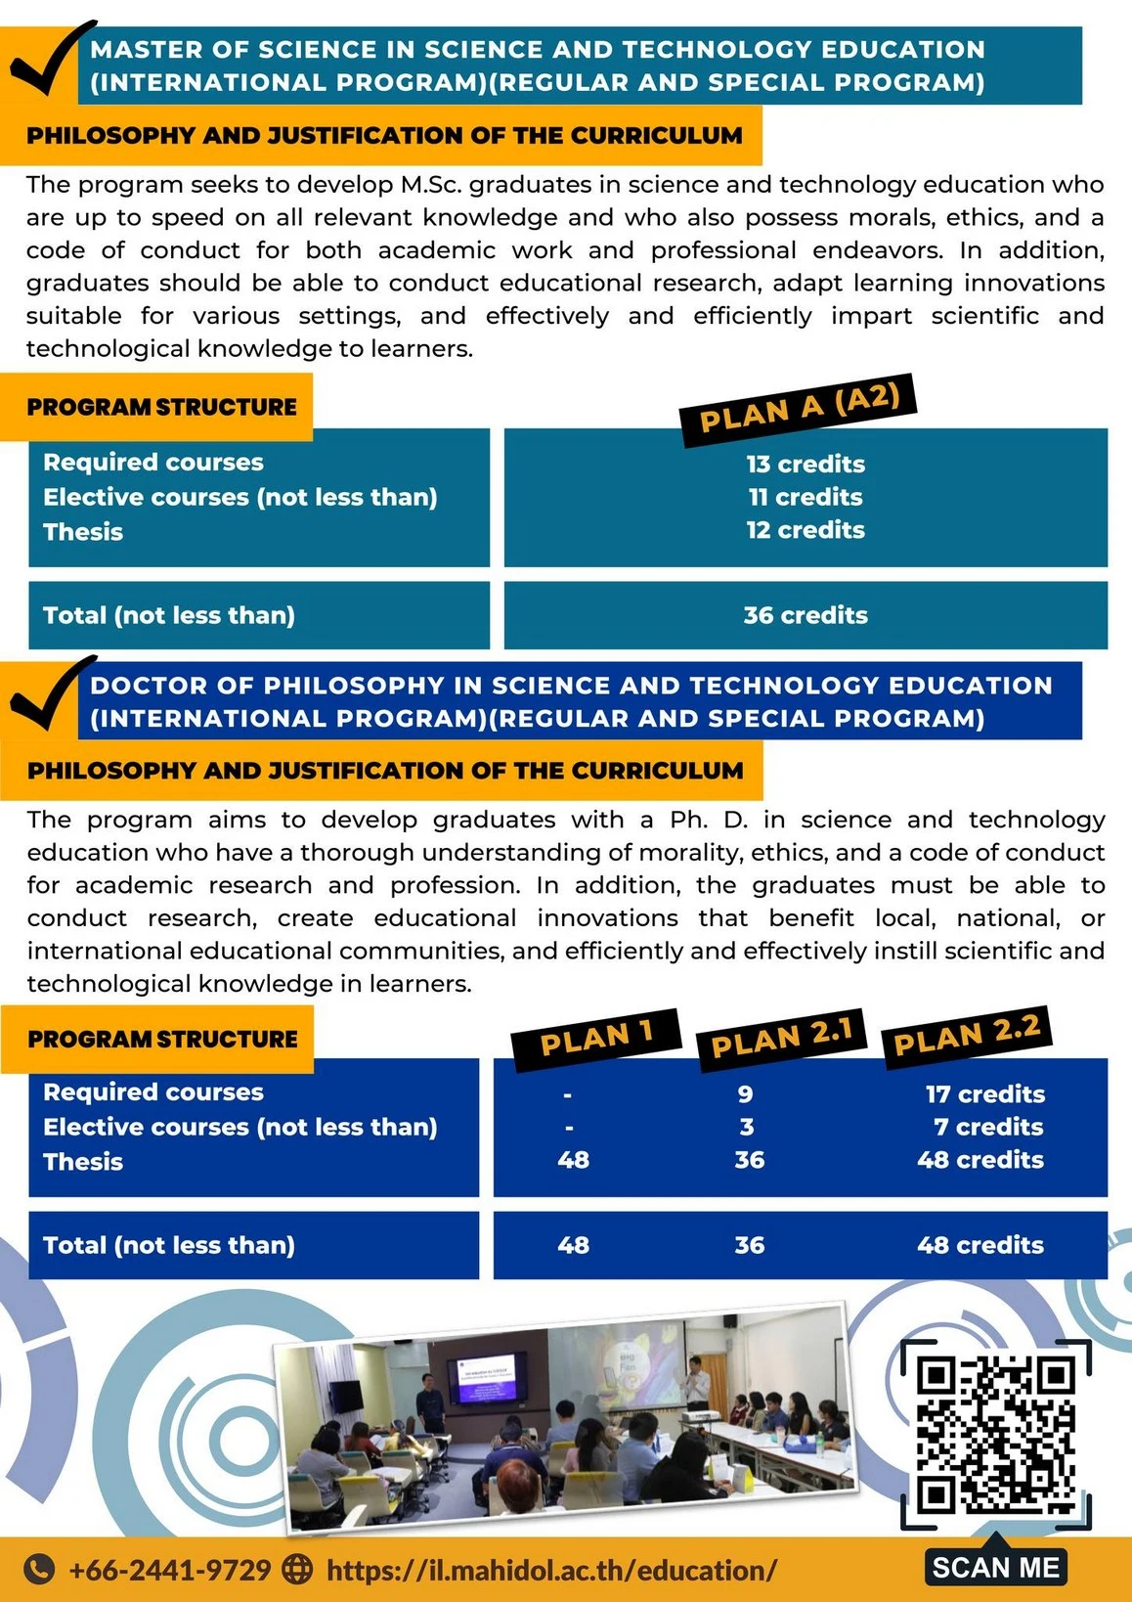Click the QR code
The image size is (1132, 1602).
coord(995,1432)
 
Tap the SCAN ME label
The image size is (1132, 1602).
coord(995,1568)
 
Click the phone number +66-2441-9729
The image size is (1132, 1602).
coord(169,1571)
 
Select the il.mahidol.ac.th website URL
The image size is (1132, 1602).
coord(551,1571)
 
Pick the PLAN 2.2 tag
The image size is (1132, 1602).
coord(967,1035)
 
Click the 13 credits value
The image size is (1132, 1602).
coord(805,464)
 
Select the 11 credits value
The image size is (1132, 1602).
coord(805,497)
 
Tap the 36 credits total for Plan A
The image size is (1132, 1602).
coord(805,615)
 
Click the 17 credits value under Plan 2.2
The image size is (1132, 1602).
coord(984,1093)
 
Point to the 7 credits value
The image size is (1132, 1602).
coord(987,1127)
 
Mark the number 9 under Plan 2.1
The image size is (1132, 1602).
coord(746,1093)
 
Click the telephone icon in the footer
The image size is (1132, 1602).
coord(38,1570)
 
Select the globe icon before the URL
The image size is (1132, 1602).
coord(297,1570)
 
